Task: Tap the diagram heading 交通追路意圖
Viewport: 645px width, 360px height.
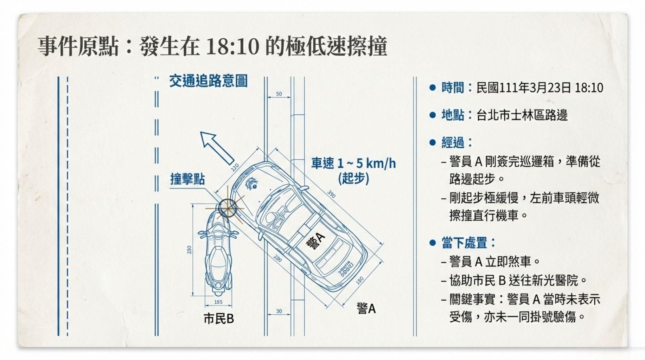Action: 208,81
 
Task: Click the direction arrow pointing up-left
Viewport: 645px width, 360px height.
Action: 217,147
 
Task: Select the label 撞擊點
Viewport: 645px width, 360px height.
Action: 187,179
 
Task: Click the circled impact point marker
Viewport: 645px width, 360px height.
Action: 227,208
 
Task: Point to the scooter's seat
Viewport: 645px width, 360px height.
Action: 218,260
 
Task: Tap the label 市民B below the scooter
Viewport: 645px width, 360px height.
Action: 219,319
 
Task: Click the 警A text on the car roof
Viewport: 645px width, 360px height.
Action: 315,241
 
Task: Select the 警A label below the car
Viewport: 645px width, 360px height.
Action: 366,309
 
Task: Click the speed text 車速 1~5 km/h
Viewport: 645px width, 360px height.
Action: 353,163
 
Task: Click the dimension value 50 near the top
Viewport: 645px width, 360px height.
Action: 279,94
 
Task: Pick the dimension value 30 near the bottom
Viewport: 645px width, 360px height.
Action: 279,311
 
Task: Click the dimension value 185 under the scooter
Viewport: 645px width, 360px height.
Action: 218,302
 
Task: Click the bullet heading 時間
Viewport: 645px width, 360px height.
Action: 453,88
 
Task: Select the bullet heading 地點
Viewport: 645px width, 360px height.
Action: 453,115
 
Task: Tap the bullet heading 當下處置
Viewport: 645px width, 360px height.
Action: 464,243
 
